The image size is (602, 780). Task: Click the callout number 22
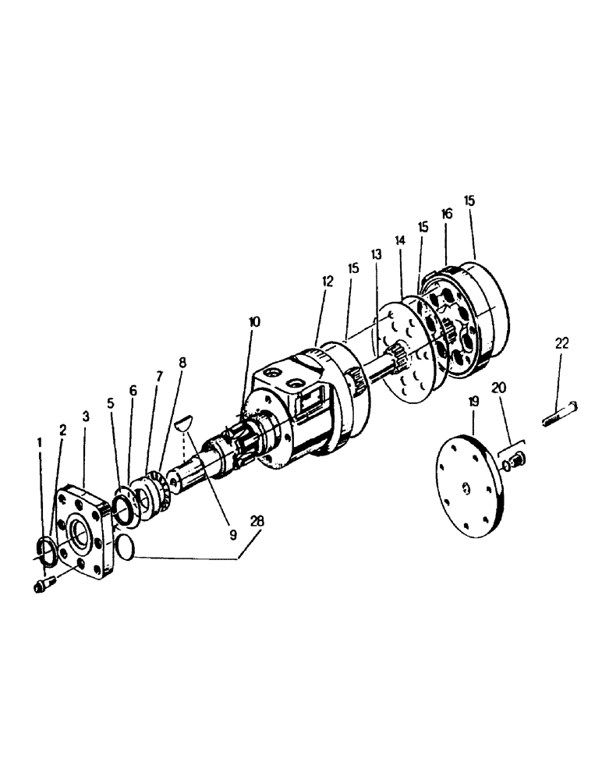(562, 342)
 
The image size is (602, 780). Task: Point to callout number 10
(255, 321)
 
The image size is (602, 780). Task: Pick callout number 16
(446, 213)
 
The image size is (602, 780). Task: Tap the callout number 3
(85, 417)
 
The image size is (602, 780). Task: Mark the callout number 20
(499, 388)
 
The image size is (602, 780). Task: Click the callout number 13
(376, 254)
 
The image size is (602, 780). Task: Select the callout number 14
(400, 242)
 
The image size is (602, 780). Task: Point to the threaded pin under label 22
(559, 413)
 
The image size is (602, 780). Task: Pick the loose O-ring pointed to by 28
(123, 548)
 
